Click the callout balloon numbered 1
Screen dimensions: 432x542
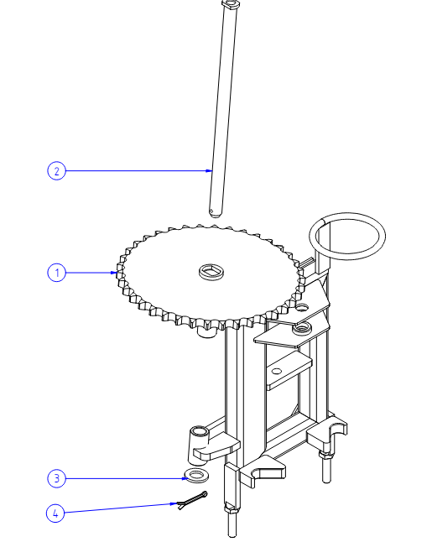56,273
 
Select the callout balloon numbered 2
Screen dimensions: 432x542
56,171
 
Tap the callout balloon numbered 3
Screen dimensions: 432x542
56,478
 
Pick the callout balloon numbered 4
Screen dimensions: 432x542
55,513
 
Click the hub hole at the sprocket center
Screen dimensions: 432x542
211,271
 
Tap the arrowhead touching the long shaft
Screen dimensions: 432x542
208,170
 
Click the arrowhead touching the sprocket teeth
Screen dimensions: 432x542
114,273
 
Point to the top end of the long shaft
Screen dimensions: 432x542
230,4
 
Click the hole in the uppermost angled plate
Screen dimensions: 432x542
302,307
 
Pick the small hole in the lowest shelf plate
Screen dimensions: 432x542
277,371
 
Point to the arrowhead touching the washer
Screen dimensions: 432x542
185,478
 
